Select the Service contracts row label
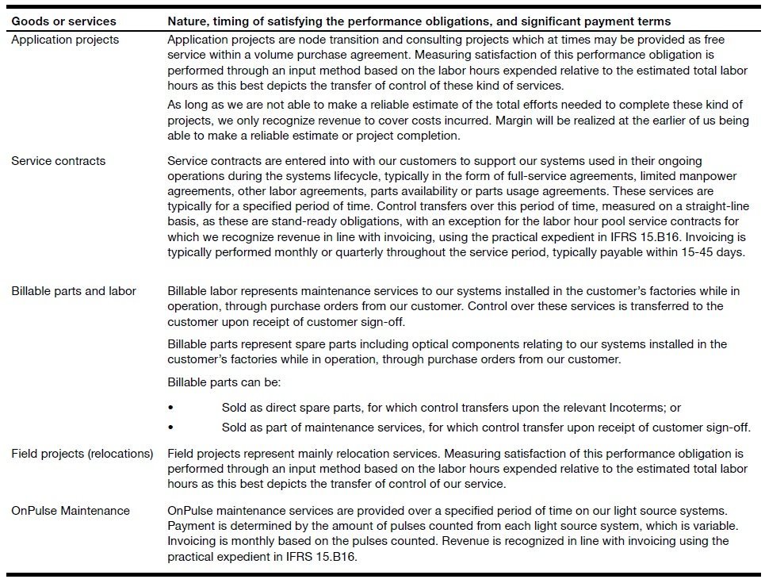(x=58, y=161)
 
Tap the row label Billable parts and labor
(x=74, y=291)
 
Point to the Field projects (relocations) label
(x=82, y=454)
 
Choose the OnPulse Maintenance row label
(x=71, y=511)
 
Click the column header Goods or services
(x=63, y=21)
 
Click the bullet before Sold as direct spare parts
(x=171, y=408)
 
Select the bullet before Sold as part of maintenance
(x=171, y=428)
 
